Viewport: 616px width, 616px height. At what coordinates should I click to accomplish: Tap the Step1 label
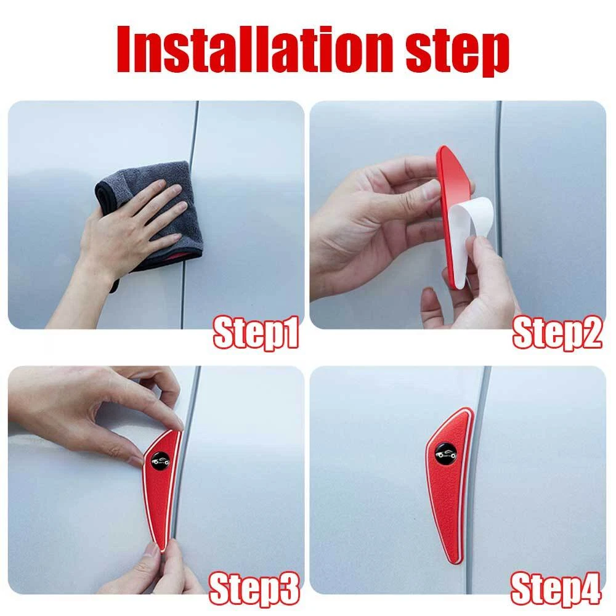tap(256, 333)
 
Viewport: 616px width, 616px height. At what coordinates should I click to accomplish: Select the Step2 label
tap(557, 333)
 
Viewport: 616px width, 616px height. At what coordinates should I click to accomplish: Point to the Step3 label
tap(254, 588)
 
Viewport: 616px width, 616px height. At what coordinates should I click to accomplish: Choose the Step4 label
tap(556, 588)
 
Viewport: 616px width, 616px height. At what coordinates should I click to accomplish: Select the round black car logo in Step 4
tap(445, 455)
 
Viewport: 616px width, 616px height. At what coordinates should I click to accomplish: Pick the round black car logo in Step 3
tap(161, 461)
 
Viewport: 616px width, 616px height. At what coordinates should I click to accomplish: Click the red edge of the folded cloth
tap(179, 257)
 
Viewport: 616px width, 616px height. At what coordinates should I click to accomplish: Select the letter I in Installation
tap(124, 50)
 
